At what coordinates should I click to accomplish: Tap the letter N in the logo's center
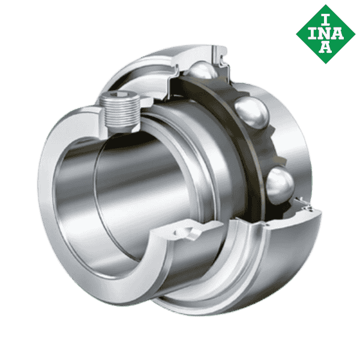[325, 33]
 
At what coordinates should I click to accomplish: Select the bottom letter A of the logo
[325, 47]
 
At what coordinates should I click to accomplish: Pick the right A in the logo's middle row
[338, 33]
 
